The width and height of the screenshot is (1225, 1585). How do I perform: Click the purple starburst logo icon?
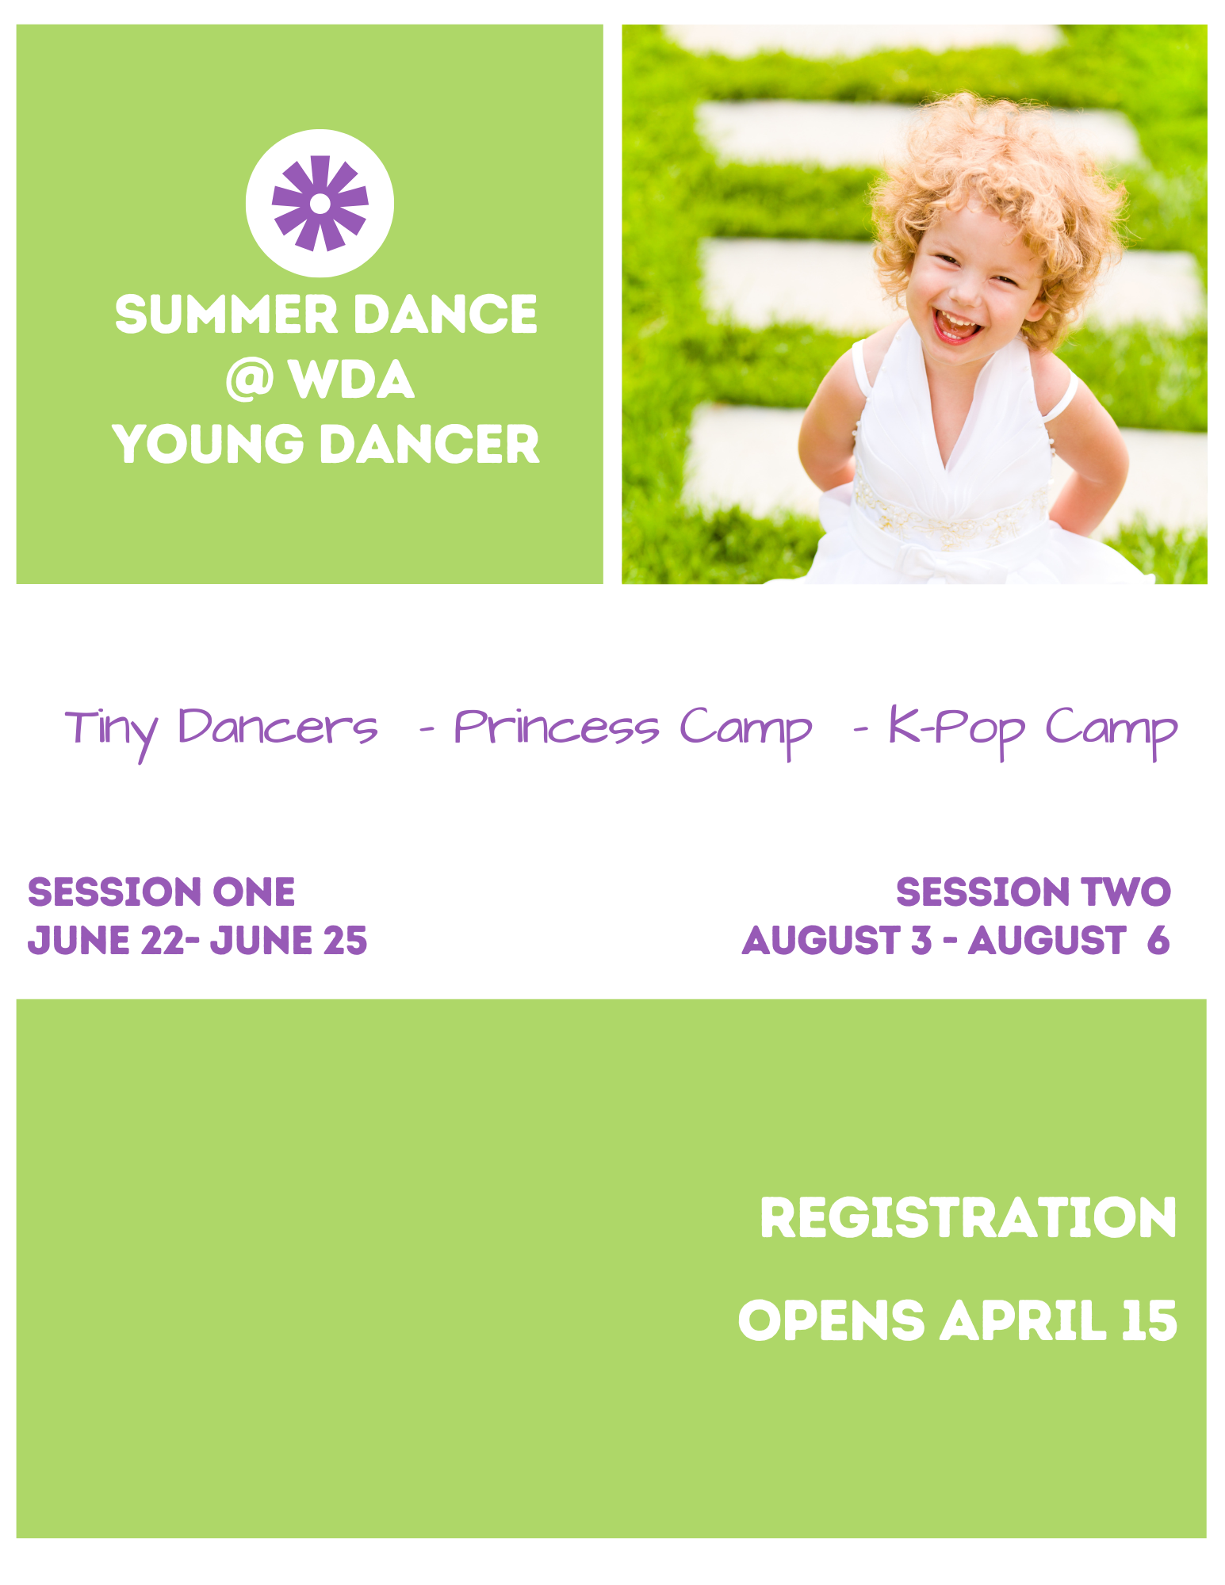(x=320, y=203)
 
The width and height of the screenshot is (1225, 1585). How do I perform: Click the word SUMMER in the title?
(x=226, y=315)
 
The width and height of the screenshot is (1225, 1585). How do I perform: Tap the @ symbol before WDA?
(x=249, y=380)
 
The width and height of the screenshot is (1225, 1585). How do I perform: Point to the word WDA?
(x=351, y=380)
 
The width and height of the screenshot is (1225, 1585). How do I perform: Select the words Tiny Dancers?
(x=222, y=728)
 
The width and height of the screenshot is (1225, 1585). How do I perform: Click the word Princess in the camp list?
(x=556, y=728)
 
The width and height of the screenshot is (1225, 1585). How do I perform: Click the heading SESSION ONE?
(x=161, y=892)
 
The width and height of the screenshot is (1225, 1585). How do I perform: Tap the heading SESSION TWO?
(x=1033, y=892)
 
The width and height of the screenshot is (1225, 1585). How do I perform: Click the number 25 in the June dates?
(x=345, y=941)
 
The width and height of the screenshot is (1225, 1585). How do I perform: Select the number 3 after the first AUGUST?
(x=921, y=941)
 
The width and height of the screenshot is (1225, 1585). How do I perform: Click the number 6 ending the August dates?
(x=1158, y=941)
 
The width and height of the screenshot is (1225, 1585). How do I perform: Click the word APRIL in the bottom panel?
(x=1023, y=1320)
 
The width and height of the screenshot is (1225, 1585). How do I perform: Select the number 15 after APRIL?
(x=1149, y=1320)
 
